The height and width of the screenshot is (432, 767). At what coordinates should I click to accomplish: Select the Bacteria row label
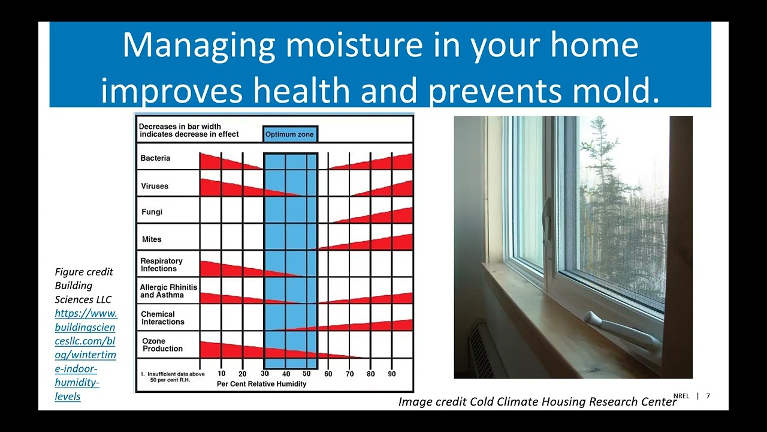[155, 158]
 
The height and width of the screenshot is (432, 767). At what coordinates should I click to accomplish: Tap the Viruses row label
[155, 186]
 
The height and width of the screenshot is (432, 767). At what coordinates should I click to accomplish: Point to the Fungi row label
[152, 212]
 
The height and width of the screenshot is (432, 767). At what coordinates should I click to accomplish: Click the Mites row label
[152, 239]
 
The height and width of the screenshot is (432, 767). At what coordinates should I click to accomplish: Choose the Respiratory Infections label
[161, 265]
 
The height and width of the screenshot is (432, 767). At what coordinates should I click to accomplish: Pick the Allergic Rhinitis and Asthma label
[168, 291]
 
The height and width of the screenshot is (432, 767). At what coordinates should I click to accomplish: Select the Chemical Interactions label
[162, 318]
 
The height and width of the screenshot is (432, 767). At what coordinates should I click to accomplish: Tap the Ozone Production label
[162, 344]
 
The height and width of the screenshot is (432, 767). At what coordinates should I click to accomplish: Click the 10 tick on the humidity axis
[222, 373]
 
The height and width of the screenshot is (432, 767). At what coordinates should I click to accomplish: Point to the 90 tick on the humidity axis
[392, 374]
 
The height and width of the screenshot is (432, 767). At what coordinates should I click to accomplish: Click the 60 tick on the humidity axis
[328, 374]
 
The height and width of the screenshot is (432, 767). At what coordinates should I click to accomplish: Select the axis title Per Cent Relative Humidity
[262, 384]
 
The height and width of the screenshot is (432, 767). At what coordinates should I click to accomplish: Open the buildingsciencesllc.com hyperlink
[86, 355]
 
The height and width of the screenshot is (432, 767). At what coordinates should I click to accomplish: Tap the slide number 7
[708, 396]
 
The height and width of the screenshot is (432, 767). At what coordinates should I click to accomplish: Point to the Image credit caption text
[537, 401]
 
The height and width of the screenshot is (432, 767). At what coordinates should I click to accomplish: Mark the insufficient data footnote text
[173, 377]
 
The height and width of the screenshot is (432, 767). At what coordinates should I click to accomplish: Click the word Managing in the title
[199, 46]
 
